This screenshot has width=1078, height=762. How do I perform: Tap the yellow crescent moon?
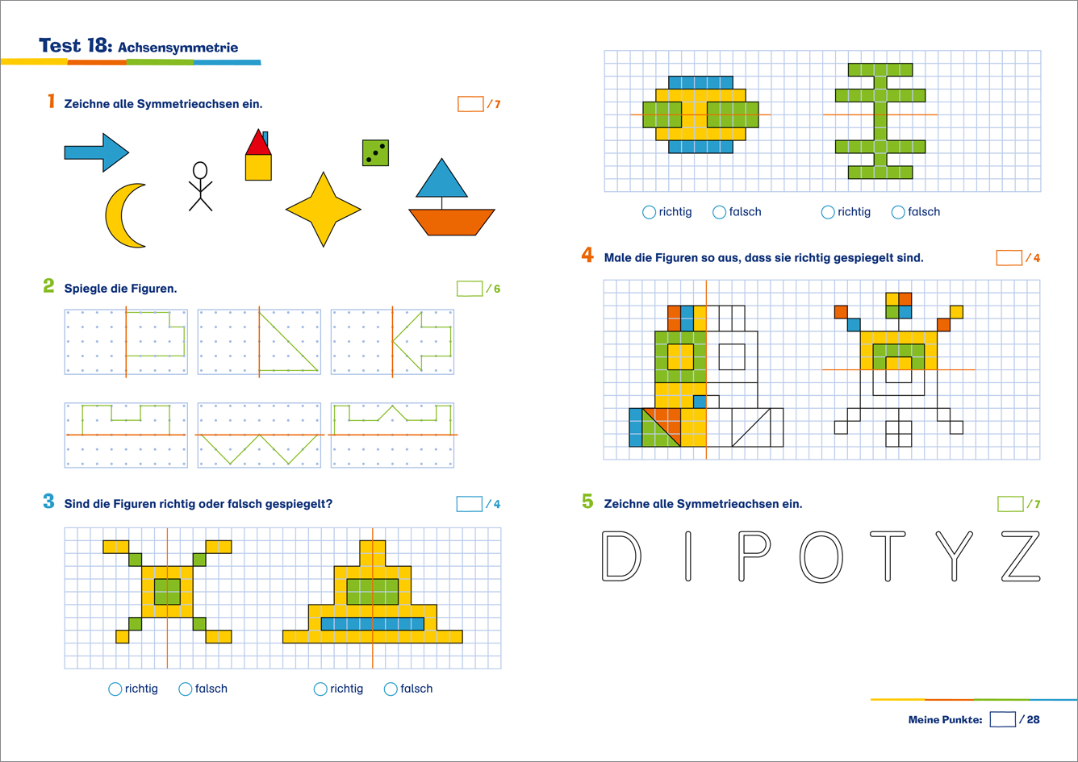pos(117,216)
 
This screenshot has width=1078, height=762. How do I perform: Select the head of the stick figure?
pos(200,170)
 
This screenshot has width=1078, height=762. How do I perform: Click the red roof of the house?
pos(258,143)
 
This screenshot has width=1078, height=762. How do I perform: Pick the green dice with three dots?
pos(375,153)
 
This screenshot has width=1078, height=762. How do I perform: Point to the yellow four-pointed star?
pos(324,210)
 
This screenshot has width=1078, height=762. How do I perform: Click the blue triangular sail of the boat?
pos(441,178)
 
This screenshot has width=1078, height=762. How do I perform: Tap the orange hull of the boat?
pos(451,223)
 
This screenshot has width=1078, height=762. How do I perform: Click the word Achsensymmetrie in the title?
pos(178,48)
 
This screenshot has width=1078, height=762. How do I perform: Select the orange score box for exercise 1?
pos(470,104)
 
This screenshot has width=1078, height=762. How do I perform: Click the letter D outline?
pos(621,556)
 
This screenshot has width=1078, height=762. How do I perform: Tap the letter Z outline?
pos(1021,556)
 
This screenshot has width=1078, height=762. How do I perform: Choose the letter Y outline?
pos(955,556)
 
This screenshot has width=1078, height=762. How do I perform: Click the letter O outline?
pos(821,556)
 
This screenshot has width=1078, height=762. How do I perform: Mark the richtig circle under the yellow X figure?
pos(115,689)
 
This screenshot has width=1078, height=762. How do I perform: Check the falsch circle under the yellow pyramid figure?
pos(391,689)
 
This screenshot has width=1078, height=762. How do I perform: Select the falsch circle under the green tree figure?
pos(898,212)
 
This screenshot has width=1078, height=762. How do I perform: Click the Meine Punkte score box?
pos(1002,719)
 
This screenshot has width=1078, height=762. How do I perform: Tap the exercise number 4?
pos(587,255)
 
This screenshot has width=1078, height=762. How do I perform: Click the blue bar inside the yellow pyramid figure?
pos(373,623)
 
